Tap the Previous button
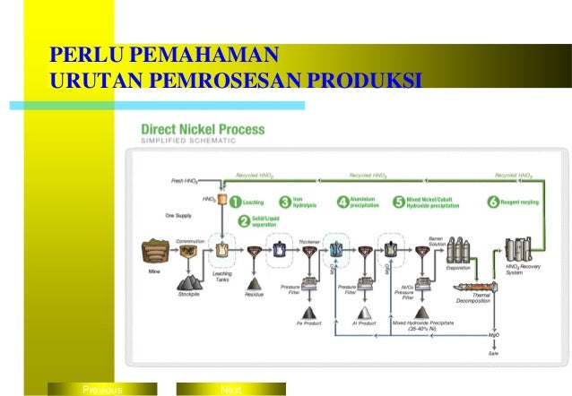click(x=101, y=390)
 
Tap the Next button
click(x=231, y=390)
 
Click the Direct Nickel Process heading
click(x=202, y=129)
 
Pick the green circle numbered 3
click(x=285, y=202)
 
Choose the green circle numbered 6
click(x=492, y=202)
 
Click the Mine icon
click(x=154, y=250)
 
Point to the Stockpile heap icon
click(x=191, y=285)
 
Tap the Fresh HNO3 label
click(x=184, y=181)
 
